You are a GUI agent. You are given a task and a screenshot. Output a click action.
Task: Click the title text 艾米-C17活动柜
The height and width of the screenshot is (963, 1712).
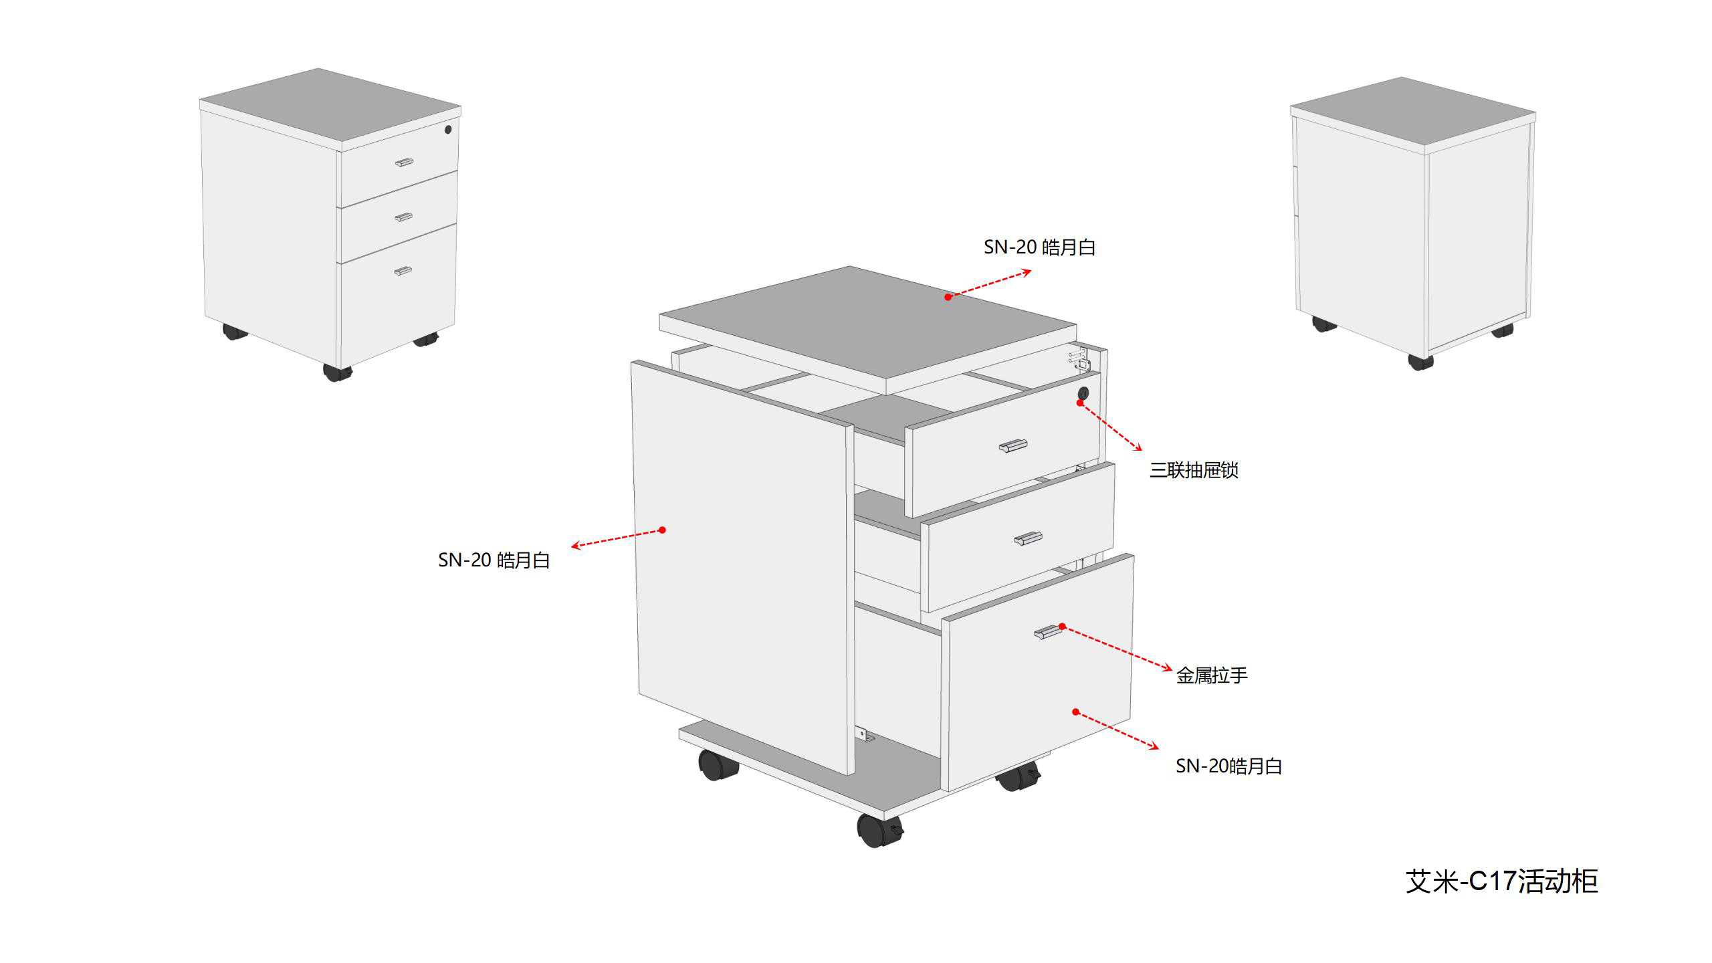1501,881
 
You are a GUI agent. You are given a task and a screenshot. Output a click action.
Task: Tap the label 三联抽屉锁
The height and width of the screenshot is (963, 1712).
1194,470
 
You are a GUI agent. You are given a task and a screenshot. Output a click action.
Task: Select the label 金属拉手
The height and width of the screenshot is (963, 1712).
1212,675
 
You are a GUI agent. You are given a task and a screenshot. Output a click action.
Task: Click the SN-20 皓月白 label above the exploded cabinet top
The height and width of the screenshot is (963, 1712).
1039,247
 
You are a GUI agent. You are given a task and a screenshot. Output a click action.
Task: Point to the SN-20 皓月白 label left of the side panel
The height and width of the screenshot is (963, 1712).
494,560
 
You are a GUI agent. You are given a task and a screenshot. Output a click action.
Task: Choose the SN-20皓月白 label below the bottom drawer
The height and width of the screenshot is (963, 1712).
1228,766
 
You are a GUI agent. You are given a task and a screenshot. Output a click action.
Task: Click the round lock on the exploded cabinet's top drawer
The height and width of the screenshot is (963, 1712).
1083,393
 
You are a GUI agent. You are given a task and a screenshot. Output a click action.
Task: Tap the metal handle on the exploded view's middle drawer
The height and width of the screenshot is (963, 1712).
1029,538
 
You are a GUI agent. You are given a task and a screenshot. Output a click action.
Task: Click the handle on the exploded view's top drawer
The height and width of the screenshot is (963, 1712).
1013,446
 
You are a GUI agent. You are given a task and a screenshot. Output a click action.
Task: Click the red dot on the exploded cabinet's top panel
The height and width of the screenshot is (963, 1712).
948,297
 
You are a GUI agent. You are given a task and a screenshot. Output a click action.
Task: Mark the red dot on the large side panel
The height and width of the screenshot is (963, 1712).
662,530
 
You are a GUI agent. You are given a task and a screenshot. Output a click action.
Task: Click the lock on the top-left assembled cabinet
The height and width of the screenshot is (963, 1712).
448,130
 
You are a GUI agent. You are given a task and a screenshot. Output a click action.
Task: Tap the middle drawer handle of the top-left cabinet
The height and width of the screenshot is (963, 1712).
403,217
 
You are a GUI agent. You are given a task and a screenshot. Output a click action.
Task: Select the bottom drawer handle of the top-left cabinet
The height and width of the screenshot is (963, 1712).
403,271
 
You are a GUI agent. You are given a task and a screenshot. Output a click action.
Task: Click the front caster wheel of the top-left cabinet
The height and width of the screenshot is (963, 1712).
336,372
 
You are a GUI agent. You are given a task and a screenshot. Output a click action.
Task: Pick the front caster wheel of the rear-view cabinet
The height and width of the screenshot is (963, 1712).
1420,362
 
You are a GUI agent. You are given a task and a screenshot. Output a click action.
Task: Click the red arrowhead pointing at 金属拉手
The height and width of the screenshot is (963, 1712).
1168,667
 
